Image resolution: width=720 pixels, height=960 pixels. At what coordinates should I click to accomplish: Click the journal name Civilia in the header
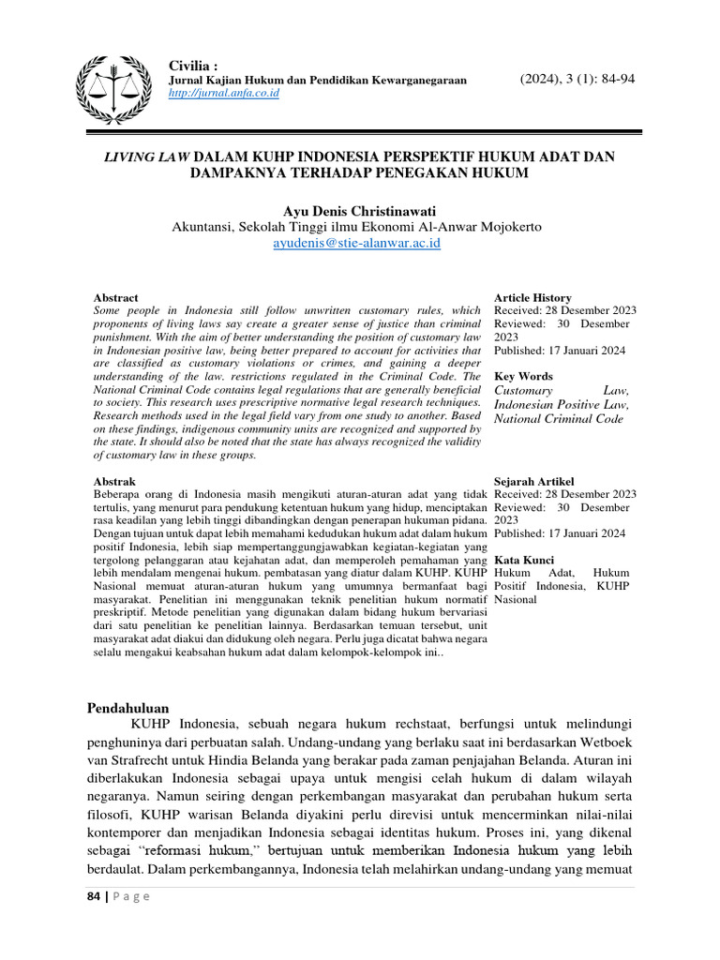(x=192, y=66)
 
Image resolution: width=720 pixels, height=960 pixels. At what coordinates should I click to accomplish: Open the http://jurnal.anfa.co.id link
(x=223, y=93)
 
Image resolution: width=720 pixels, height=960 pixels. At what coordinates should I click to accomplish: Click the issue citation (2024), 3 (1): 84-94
(x=577, y=79)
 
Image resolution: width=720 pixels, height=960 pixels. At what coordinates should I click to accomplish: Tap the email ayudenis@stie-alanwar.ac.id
(x=356, y=243)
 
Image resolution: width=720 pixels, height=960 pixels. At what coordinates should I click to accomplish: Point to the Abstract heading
(x=117, y=297)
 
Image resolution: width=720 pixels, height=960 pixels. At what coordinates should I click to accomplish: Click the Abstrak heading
(x=116, y=480)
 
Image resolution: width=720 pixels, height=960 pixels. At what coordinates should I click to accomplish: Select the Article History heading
(x=532, y=297)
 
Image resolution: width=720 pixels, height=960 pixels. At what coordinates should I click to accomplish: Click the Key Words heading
(x=523, y=376)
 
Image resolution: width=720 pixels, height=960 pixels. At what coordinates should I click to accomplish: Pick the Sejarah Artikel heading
(x=533, y=480)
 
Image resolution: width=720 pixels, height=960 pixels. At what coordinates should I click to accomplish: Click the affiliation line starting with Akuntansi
(x=355, y=227)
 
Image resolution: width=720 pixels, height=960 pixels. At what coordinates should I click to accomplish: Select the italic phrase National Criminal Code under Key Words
(x=558, y=419)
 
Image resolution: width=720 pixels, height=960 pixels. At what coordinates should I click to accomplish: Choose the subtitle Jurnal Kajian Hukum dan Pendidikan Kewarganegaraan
(x=317, y=81)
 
